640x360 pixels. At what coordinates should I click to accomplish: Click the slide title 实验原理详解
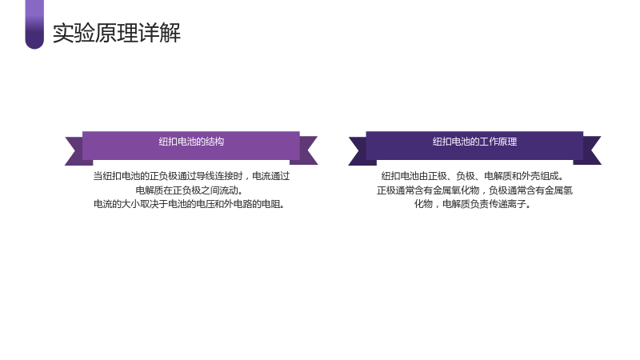[117, 33]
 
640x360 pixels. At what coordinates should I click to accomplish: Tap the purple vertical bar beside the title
[34, 25]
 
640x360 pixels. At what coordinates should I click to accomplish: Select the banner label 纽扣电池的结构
[191, 142]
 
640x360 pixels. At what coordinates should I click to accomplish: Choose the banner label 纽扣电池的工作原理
[474, 142]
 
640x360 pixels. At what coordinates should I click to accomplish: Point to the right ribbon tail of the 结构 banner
[306, 150]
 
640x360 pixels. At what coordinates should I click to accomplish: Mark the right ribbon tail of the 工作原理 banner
[590, 150]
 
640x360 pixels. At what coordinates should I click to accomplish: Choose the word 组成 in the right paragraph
[549, 176]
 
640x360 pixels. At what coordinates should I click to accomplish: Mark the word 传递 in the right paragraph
[498, 204]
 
